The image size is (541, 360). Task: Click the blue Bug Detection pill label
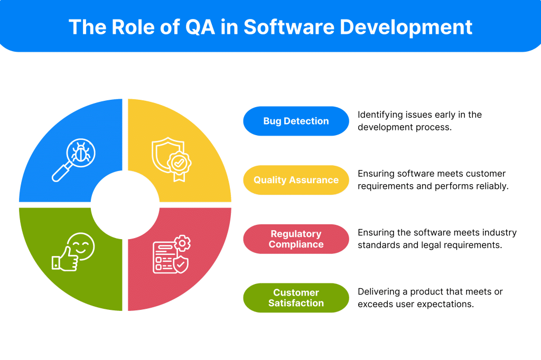pyautogui.click(x=296, y=121)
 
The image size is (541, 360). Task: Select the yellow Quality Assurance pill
pyautogui.click(x=296, y=180)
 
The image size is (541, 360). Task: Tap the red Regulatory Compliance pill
pyautogui.click(x=296, y=239)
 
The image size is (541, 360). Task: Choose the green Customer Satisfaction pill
pyautogui.click(x=296, y=298)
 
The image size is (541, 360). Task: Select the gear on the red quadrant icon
pyautogui.click(x=182, y=243)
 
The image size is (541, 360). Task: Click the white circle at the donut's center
pyautogui.click(x=125, y=205)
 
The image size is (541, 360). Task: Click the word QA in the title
pyautogui.click(x=200, y=27)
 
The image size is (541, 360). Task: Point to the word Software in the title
pyautogui.click(x=289, y=27)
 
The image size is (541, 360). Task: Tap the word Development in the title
pyautogui.click(x=406, y=27)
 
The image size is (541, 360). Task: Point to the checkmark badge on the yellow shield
pyautogui.click(x=179, y=163)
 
